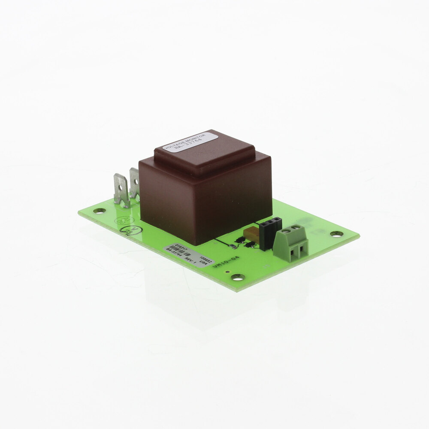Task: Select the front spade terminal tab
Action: pos(121,190)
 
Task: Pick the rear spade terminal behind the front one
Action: pos(135,183)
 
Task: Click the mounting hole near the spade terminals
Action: pos(99,211)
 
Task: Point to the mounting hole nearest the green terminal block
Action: pos(336,234)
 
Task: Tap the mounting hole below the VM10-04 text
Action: pos(238,277)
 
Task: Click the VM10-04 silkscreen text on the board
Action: pos(225,262)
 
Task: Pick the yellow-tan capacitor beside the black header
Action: pos(251,234)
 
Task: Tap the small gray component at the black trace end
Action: pos(233,246)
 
